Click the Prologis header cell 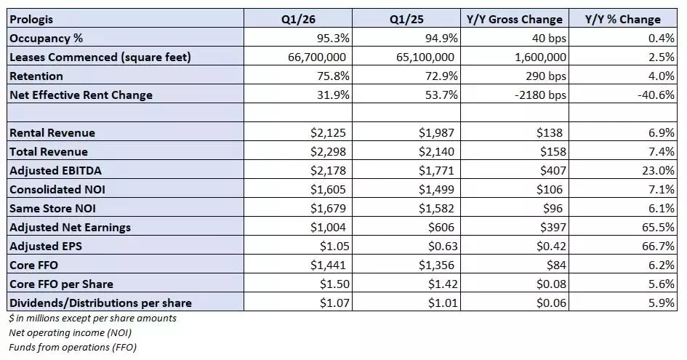[x=33, y=20]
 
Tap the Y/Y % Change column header [x=623, y=20]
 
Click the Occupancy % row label [x=44, y=39]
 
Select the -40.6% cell [x=659, y=95]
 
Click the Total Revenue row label [x=48, y=152]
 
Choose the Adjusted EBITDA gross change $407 [x=547, y=171]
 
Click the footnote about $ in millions [x=92, y=318]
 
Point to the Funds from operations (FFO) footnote [x=72, y=347]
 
